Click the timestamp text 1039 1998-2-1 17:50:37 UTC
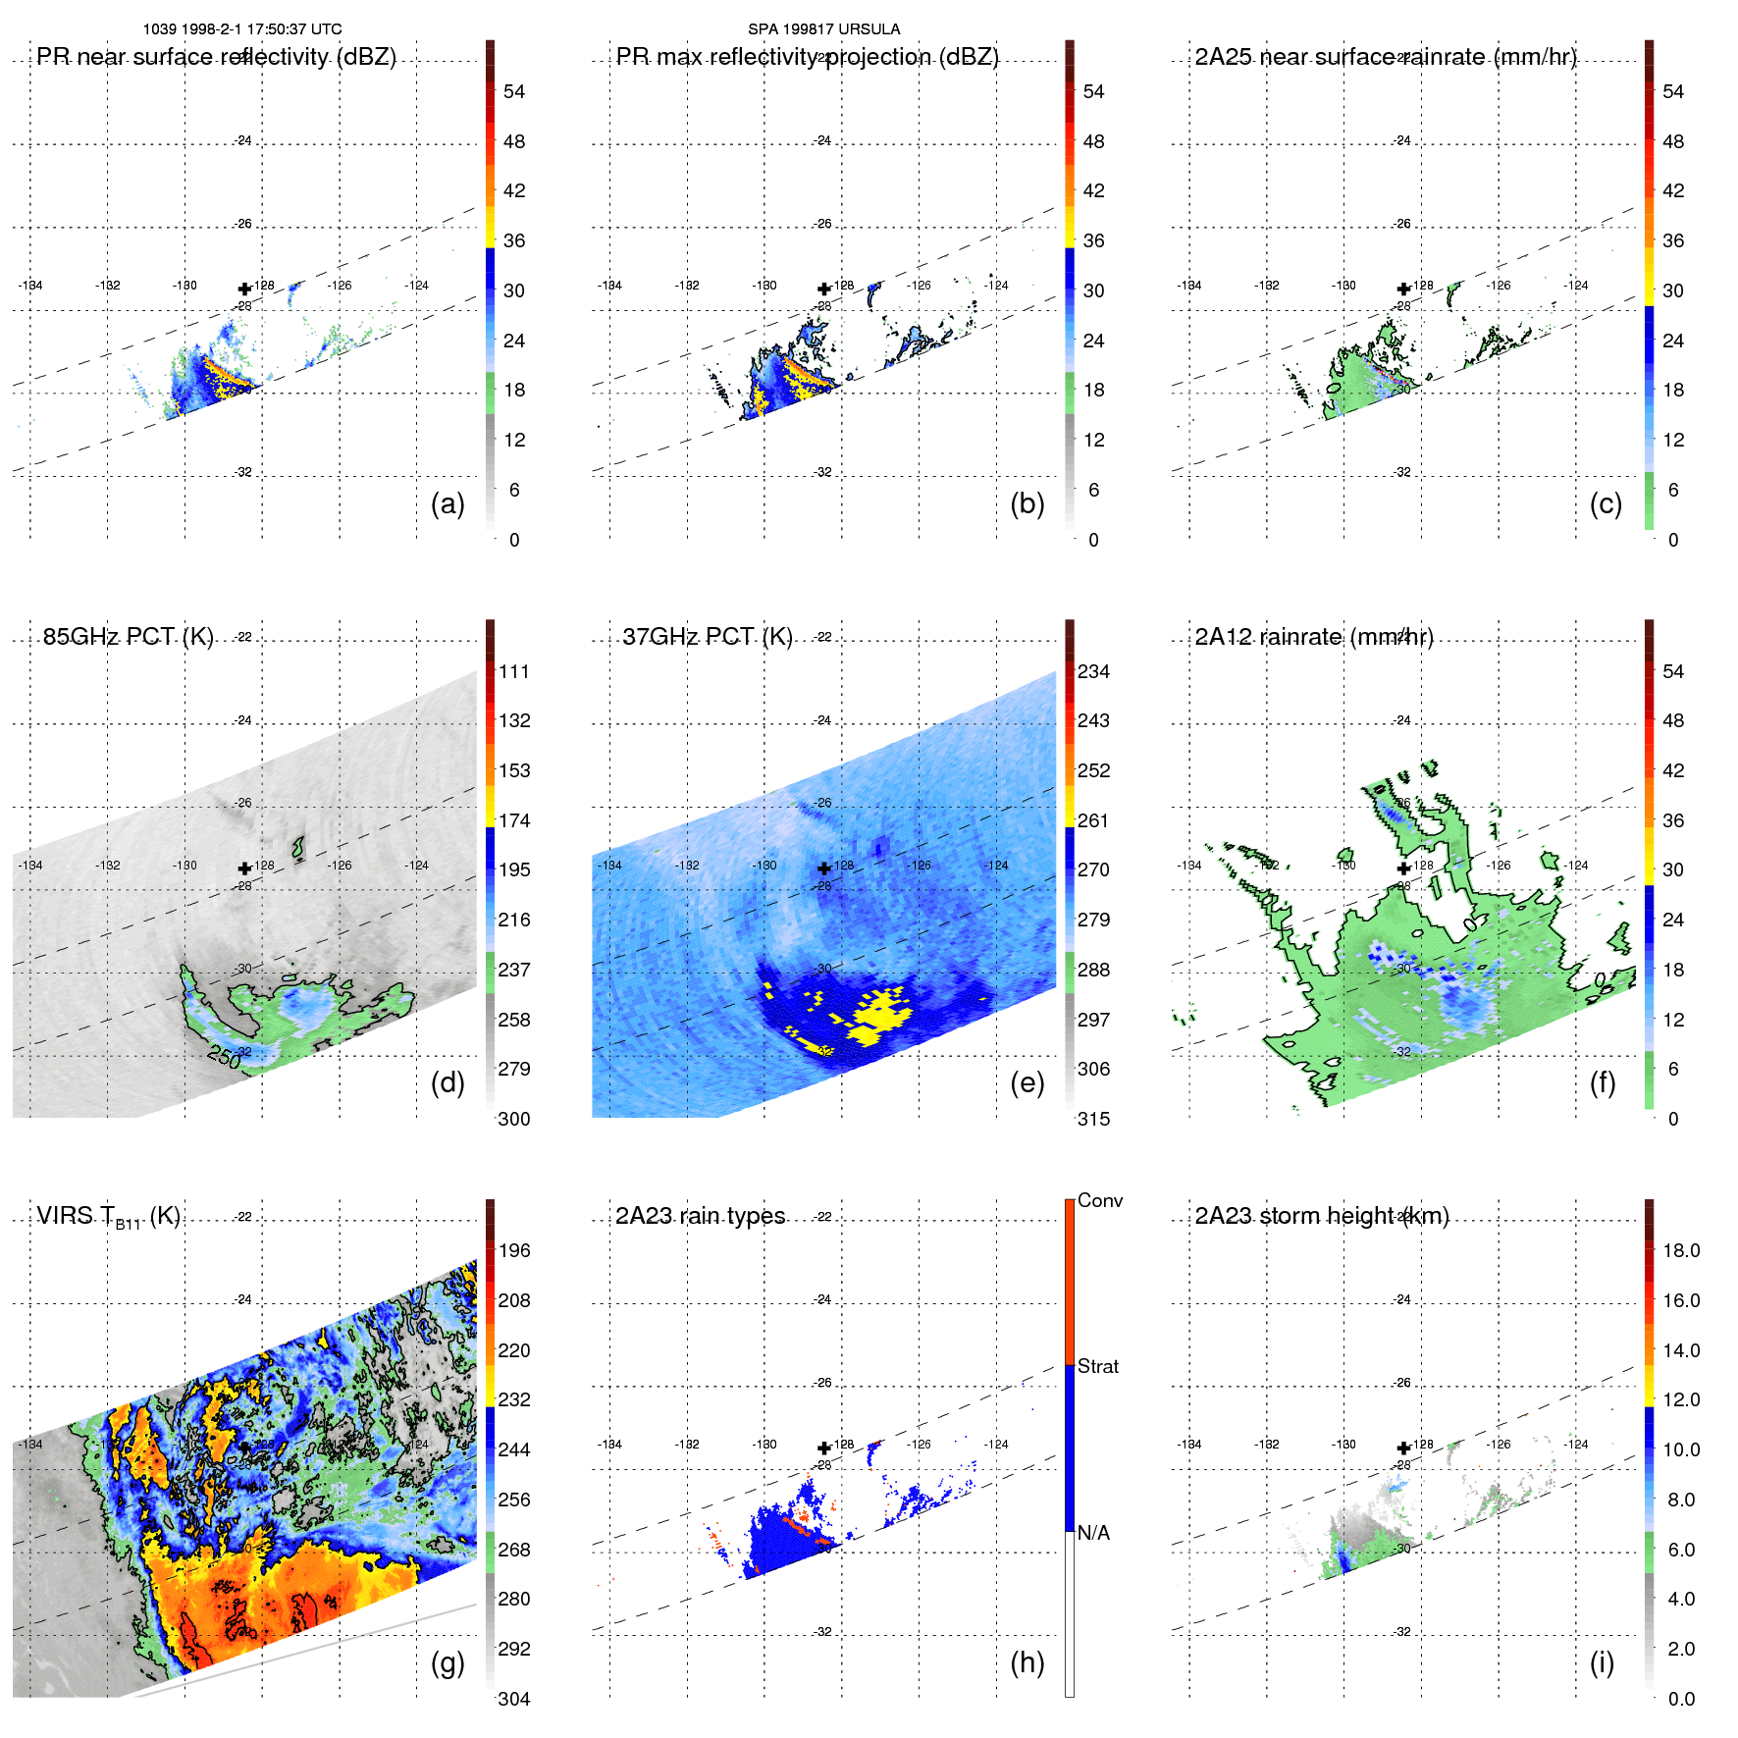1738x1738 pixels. (242, 29)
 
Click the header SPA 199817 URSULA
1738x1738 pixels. (823, 29)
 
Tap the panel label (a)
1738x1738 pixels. (448, 503)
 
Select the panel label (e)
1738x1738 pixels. (1027, 1082)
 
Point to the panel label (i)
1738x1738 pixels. (1602, 1662)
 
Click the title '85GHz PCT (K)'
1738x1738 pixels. (128, 637)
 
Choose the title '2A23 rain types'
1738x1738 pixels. (700, 1216)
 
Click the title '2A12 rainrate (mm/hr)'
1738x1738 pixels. (1313, 637)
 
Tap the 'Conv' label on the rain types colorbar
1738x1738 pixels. (1099, 1200)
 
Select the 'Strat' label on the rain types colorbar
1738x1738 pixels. (1097, 1366)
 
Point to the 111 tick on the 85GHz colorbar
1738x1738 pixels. (514, 672)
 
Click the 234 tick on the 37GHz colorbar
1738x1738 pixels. (1093, 672)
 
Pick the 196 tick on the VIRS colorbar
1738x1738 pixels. (514, 1251)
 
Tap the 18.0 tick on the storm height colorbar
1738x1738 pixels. (1680, 1251)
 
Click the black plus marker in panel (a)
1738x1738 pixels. (244, 290)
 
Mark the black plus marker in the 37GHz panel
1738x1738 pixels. (824, 869)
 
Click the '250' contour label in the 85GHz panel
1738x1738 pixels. (224, 1057)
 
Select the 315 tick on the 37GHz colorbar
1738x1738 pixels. (1093, 1119)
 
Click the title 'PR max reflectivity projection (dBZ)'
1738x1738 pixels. (807, 57)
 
